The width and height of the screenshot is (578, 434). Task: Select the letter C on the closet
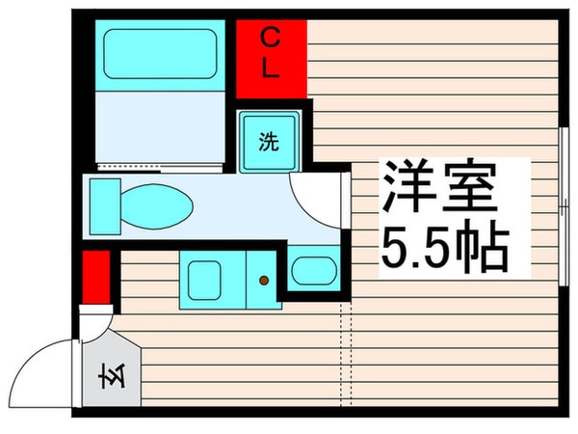coord(273,38)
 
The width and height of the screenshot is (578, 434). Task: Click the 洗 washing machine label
coord(269,142)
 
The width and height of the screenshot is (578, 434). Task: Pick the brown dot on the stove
coord(263,281)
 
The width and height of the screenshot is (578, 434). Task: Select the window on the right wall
coord(563,193)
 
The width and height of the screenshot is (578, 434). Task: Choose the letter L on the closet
coord(273,70)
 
